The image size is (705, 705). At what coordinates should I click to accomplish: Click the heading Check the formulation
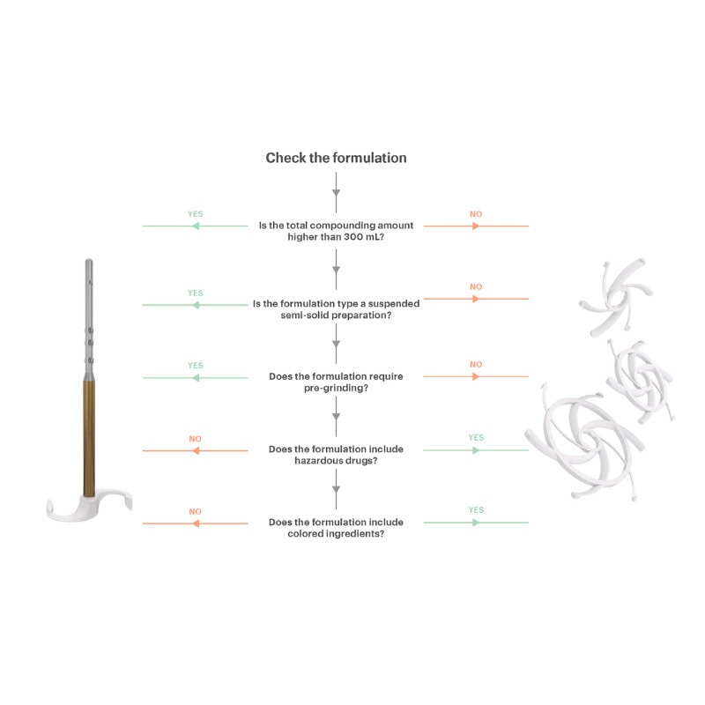click(x=336, y=158)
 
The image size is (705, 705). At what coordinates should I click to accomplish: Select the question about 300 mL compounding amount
click(x=336, y=232)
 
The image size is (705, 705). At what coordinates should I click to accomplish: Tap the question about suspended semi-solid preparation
click(x=336, y=309)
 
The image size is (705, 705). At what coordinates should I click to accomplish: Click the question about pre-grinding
click(x=336, y=382)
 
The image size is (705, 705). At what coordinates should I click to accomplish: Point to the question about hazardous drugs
click(x=336, y=455)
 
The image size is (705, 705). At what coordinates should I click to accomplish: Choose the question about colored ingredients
click(x=336, y=528)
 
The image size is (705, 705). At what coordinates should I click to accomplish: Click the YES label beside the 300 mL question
click(x=195, y=214)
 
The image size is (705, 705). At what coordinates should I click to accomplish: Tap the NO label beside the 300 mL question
click(x=476, y=214)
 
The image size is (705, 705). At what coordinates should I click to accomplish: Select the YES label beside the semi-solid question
click(x=195, y=293)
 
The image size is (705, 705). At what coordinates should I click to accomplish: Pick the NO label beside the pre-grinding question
click(x=476, y=365)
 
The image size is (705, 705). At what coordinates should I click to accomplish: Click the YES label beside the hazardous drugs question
click(x=476, y=437)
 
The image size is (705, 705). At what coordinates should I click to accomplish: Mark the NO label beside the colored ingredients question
click(x=195, y=510)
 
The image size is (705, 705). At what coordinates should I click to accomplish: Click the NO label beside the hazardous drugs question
click(x=195, y=438)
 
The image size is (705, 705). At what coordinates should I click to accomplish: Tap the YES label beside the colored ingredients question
click(x=476, y=509)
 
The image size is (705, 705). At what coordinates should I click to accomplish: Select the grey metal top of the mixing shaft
click(x=89, y=317)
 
